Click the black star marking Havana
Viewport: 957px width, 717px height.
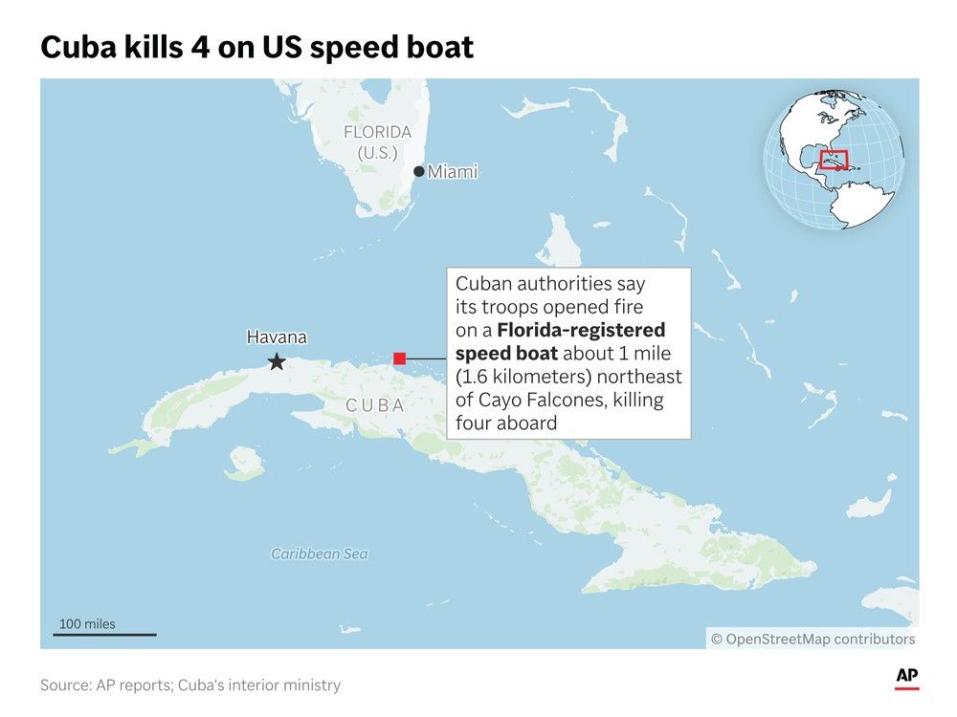click(277, 361)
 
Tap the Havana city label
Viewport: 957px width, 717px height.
click(277, 337)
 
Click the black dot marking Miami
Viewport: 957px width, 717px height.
click(418, 172)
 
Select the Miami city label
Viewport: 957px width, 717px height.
click(452, 172)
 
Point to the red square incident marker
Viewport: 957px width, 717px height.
click(400, 358)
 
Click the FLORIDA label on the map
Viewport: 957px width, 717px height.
click(377, 132)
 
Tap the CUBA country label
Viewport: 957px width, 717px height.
click(375, 405)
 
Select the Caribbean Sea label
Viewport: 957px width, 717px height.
click(319, 554)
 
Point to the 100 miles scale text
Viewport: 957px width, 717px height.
click(87, 624)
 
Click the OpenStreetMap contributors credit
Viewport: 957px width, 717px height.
click(812, 639)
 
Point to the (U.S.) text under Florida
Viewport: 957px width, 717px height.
click(378, 153)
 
